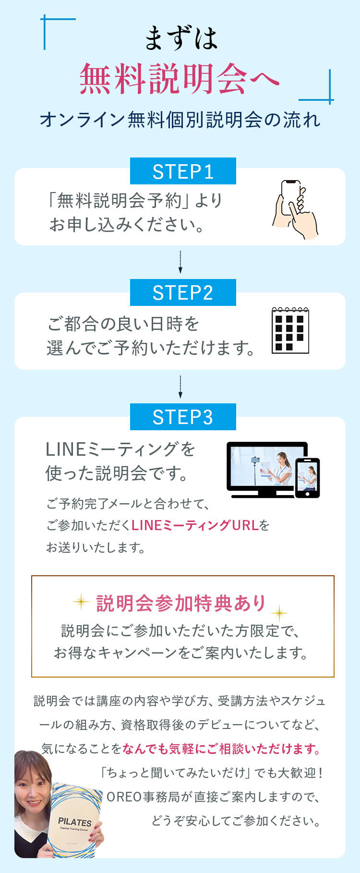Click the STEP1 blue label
point(183,171)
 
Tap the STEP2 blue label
point(183,292)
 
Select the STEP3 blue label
point(183,417)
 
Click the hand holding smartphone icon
point(295,209)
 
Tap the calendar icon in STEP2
point(290,330)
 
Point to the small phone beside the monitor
point(307,478)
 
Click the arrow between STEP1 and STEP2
point(180,262)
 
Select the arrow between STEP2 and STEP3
point(180,387)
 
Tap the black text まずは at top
point(181,38)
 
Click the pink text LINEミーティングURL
point(195,525)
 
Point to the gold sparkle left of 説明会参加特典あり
point(81,601)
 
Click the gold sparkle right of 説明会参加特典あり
point(279,613)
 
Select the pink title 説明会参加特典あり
point(181,603)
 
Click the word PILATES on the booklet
point(75,822)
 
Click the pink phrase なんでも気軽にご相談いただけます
point(221,749)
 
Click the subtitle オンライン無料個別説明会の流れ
point(180,120)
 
